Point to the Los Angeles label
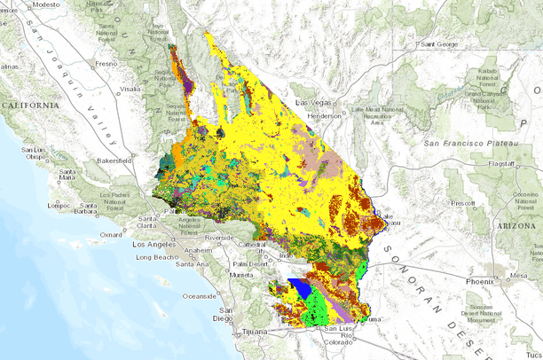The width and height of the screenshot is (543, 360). click(x=155, y=243)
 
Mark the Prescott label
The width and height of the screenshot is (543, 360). click(x=461, y=203)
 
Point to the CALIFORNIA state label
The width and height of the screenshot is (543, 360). click(x=30, y=105)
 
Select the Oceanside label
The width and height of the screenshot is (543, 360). click(x=201, y=296)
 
